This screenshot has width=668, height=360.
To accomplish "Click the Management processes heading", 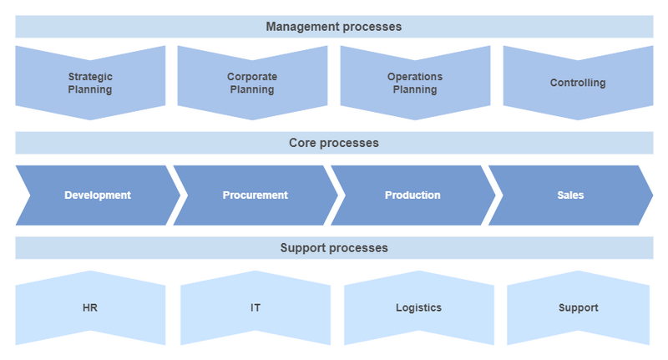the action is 334,27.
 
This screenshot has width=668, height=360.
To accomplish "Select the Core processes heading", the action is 334,143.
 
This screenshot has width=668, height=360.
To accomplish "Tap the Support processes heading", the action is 334,248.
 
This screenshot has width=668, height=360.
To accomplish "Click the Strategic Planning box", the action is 90,83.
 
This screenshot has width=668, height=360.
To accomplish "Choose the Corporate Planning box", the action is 252,83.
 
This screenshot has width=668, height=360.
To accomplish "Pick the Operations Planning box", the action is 415,83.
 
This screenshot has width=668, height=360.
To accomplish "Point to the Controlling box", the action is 578,83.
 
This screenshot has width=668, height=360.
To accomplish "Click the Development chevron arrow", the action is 98,195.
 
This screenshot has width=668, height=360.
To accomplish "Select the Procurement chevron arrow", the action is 256,195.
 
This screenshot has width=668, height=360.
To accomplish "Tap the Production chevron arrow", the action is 413,195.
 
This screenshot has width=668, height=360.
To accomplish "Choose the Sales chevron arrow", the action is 571,195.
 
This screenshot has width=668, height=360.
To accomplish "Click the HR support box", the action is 90,307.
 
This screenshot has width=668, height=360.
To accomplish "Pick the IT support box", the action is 256,307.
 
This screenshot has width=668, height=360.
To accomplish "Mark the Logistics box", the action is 419,307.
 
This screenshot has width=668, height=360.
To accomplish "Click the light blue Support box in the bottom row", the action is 578,307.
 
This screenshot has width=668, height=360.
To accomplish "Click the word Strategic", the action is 90,77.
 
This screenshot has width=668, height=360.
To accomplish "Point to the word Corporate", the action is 252,77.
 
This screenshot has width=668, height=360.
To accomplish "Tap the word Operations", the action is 415,77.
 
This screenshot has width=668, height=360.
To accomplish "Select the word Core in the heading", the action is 302,143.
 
